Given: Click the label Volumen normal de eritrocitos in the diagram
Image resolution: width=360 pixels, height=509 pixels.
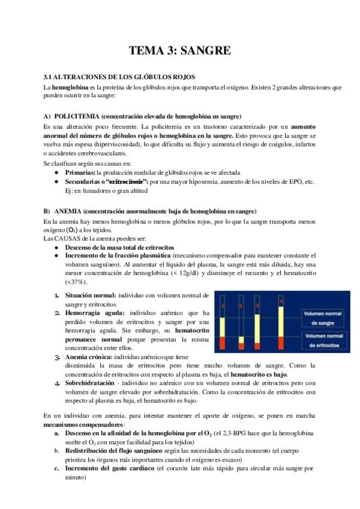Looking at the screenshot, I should [x=323, y=342].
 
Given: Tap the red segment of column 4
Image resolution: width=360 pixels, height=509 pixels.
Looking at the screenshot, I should [x=281, y=343].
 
